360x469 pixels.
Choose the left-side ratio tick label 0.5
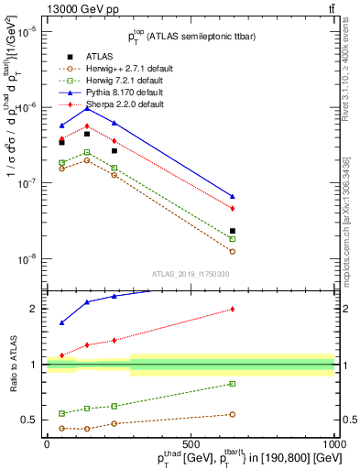(x=30, y=420)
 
